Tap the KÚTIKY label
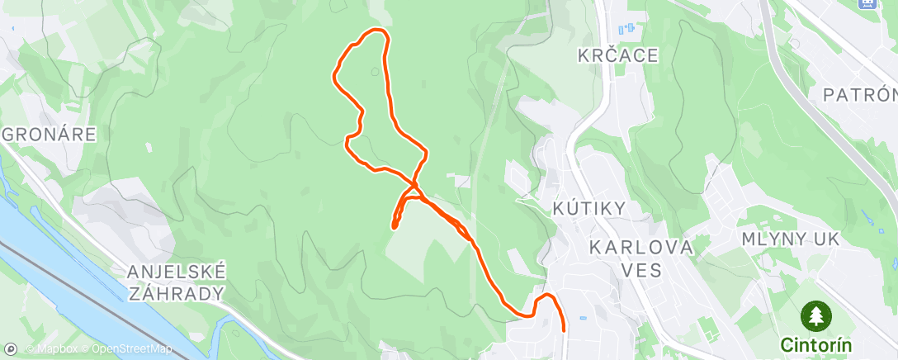tap(588, 209)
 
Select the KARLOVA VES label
tap(641, 258)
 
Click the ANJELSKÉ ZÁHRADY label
tap(177, 282)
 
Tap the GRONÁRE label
tap(50, 134)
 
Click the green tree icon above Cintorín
tap(815, 316)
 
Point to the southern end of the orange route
tap(564, 329)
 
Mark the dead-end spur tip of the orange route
tap(394, 225)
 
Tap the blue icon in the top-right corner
tap(867, 3)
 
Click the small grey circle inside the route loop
tap(376, 71)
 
